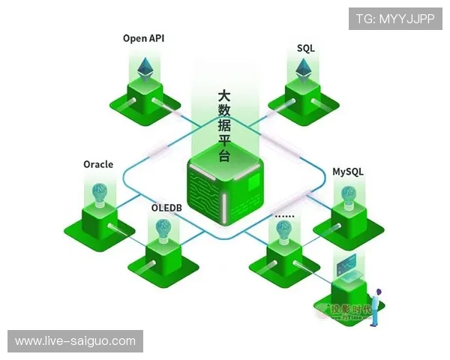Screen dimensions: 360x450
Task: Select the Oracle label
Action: tap(98, 164)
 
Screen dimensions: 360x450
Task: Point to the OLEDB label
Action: tap(166, 206)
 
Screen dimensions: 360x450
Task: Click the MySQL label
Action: tap(348, 171)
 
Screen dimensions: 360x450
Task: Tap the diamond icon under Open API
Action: tap(144, 69)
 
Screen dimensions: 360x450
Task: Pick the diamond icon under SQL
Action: tap(304, 71)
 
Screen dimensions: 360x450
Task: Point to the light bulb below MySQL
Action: tap(348, 196)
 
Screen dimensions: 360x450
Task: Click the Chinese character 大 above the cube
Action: tap(223, 97)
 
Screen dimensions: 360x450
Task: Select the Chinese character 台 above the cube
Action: tap(223, 157)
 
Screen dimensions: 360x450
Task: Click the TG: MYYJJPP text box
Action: tap(395, 19)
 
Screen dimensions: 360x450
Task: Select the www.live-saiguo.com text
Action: tap(75, 341)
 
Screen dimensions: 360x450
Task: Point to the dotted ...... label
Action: tap(285, 215)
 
